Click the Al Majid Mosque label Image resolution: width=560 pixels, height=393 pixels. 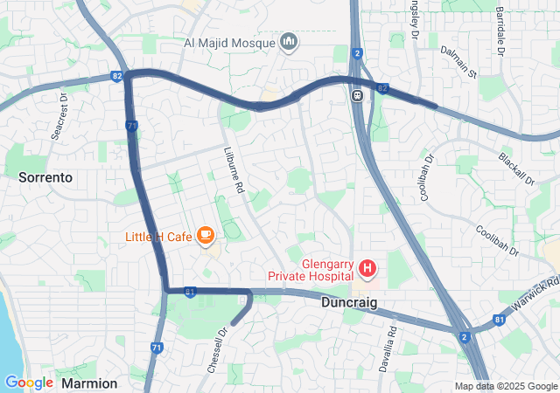coord(230,42)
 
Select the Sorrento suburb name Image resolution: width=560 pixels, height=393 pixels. coord(45,176)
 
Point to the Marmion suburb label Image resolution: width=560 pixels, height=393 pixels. coord(89,383)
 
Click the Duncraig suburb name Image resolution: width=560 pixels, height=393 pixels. coord(348,304)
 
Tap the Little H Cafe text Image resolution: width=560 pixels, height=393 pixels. coord(158,236)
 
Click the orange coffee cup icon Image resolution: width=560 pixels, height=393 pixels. coord(206,235)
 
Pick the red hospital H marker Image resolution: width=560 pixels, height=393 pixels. coord(367,267)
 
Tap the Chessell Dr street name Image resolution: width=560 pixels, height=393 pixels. coord(217,350)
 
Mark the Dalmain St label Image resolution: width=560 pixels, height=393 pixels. coord(458,62)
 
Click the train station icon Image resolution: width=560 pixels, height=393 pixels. coord(357,95)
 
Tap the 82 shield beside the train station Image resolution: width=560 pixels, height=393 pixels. coord(381,87)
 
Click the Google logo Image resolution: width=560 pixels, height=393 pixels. coord(29,382)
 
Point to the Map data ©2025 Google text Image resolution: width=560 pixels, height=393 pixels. coord(505,386)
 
